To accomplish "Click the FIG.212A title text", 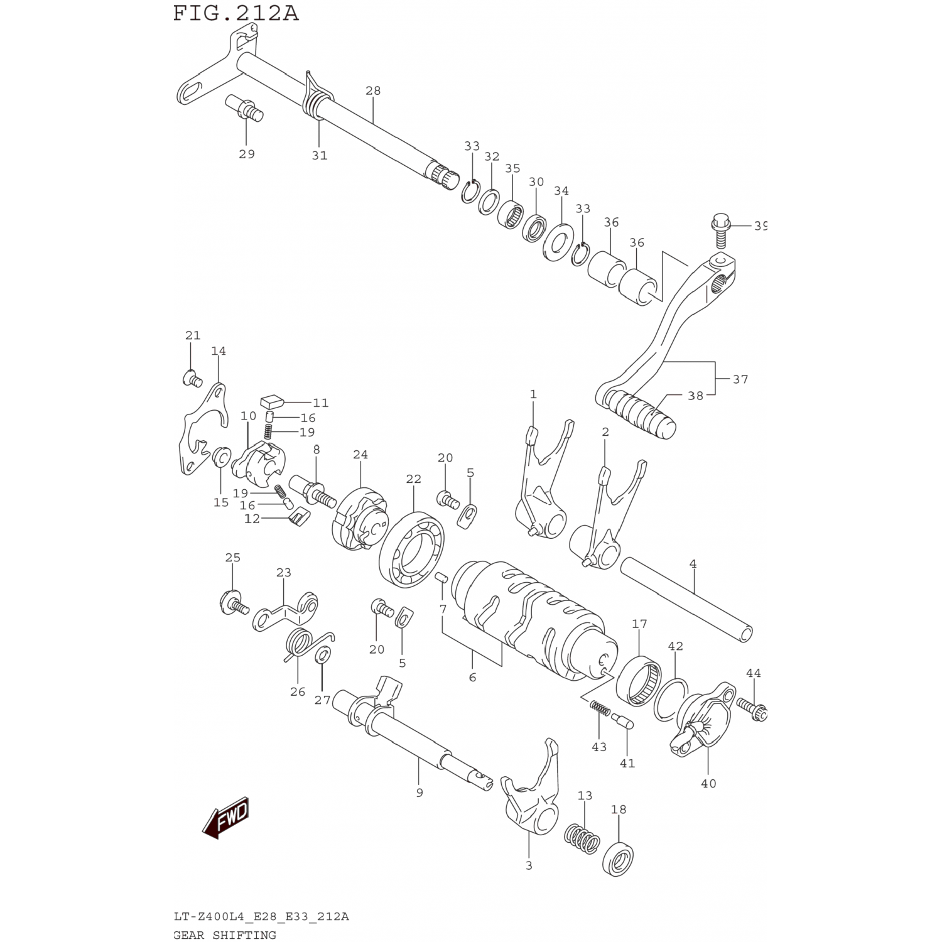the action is [236, 13].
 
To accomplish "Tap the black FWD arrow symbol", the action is [226, 818].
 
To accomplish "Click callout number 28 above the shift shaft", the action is [373, 90].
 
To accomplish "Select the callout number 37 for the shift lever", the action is [740, 379].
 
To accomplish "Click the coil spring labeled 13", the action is [582, 838].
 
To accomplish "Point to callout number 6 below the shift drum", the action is [472, 678].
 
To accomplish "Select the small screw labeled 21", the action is [191, 378].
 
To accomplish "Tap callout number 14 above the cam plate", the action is [219, 351].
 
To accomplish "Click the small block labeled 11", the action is [272, 399].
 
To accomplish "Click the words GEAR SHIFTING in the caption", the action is [225, 934].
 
